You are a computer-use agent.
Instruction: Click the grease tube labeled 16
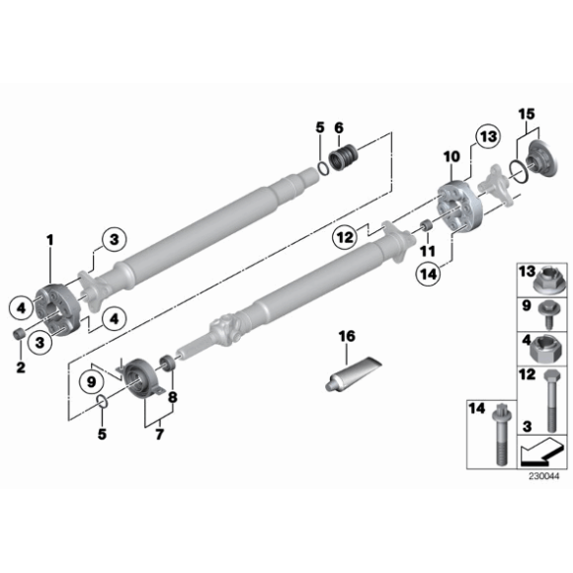pyautogui.click(x=353, y=373)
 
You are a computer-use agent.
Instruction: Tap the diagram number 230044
pyautogui.click(x=543, y=476)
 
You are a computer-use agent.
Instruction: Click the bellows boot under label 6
pyautogui.click(x=344, y=157)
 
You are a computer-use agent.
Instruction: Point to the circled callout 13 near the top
pyautogui.click(x=488, y=136)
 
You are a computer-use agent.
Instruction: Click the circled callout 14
pyautogui.click(x=429, y=273)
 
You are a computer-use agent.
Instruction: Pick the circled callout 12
pyautogui.click(x=344, y=237)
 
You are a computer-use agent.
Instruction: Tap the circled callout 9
pyautogui.click(x=91, y=382)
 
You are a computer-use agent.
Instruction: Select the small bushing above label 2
pyautogui.click(x=18, y=334)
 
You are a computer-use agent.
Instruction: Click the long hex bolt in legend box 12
pyautogui.click(x=552, y=400)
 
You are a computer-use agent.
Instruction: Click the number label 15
pyautogui.click(x=527, y=114)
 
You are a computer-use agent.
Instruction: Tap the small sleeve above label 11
pyautogui.click(x=426, y=226)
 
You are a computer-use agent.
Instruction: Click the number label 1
pyautogui.click(x=50, y=240)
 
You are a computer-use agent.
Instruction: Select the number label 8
pyautogui.click(x=172, y=396)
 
